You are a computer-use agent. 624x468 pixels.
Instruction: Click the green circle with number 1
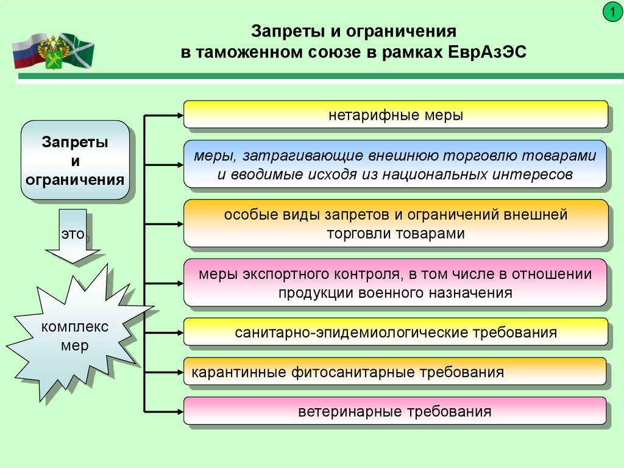(612, 12)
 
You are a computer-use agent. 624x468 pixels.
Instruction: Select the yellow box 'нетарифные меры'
(395, 115)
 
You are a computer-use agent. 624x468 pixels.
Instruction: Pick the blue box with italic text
(395, 164)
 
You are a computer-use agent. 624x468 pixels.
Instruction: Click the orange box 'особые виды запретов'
(395, 223)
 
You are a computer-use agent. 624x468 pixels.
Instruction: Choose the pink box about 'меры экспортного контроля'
(395, 283)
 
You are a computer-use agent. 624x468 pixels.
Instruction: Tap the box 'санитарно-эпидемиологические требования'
(395, 332)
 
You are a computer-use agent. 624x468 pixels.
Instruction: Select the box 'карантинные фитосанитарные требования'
(395, 372)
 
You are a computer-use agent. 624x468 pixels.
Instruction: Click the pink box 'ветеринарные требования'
(395, 411)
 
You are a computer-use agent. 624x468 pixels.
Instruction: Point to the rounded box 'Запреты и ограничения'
(75, 160)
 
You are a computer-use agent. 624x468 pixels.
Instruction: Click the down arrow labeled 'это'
(73, 236)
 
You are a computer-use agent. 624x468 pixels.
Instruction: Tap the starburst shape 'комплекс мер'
(76, 335)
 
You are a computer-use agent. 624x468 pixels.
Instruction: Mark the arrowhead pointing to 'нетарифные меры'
(180, 115)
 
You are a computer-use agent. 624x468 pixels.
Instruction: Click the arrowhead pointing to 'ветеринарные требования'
(180, 411)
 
